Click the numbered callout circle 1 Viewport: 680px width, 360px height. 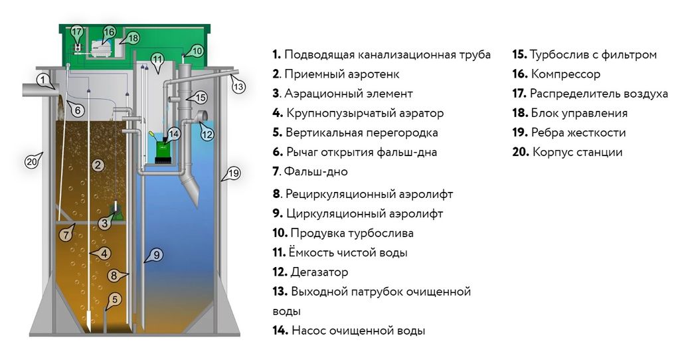[x=43, y=80]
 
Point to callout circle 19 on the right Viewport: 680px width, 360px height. [x=232, y=173]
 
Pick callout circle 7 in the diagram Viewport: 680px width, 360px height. [x=65, y=234]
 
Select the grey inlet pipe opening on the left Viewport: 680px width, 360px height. [x=31, y=88]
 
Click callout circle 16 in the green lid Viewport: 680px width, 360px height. [x=109, y=32]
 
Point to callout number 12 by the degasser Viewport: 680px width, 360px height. [x=207, y=134]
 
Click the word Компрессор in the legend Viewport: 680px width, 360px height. [x=564, y=74]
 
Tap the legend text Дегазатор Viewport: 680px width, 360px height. [x=319, y=272]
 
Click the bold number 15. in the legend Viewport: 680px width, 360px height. [x=519, y=54]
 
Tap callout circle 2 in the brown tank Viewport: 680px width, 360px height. [x=98, y=165]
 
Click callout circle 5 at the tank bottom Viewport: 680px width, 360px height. [x=115, y=299]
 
